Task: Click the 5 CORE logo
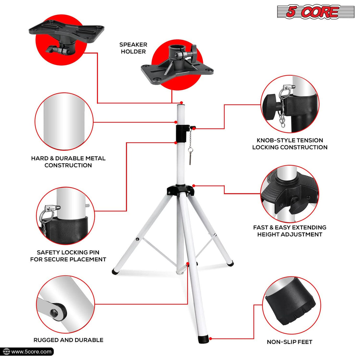(315, 12)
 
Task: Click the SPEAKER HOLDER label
(133, 48)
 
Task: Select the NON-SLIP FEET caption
(289, 342)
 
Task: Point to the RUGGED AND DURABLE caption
(68, 340)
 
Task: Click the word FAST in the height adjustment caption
(260, 227)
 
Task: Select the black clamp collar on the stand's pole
(182, 132)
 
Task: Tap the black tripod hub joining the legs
(180, 191)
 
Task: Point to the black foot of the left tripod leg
(116, 271)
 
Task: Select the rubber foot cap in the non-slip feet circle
(289, 305)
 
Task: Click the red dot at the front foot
(211, 338)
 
